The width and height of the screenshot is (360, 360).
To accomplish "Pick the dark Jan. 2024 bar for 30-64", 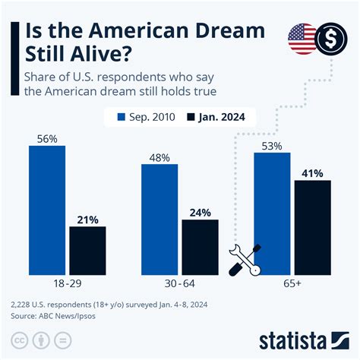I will pos(200,246).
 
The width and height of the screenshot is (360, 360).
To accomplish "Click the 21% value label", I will pos(87,219).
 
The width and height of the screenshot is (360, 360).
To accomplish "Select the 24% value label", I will pos(200,212).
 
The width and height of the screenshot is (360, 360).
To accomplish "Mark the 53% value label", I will pos(272,144).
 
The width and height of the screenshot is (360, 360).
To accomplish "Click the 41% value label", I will pos(312,172).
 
